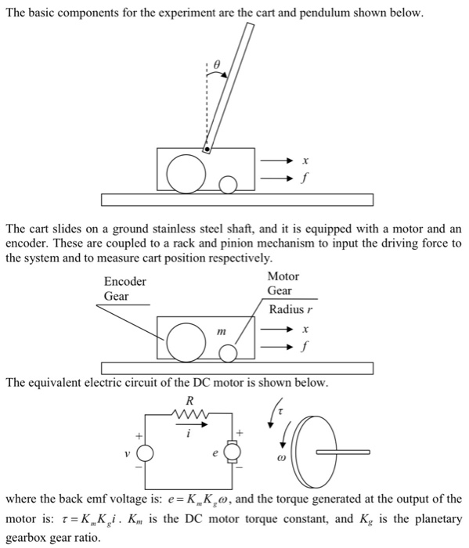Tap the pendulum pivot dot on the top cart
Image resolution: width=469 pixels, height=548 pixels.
[x=207, y=148]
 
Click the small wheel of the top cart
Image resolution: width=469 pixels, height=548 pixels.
[x=228, y=184]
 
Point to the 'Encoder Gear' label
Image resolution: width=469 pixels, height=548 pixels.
[x=124, y=289]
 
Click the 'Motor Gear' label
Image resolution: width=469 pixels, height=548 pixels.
[x=282, y=283]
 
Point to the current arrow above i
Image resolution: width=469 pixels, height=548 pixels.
[x=189, y=427]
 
